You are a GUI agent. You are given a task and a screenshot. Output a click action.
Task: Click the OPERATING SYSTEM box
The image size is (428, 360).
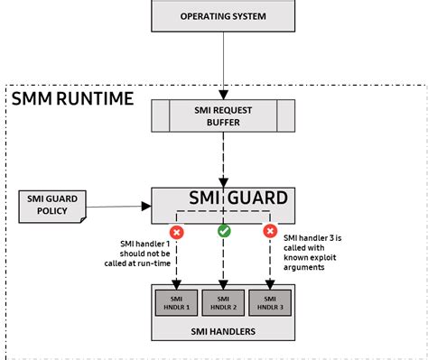click(222, 16)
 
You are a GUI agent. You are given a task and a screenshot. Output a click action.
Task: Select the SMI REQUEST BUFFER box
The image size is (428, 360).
click(222, 115)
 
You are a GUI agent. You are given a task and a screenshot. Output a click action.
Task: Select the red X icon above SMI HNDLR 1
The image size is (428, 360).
click(176, 232)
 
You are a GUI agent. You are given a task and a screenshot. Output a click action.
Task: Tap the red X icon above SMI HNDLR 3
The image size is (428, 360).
click(268, 232)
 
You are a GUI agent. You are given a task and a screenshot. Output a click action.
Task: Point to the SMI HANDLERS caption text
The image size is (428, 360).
click(222, 331)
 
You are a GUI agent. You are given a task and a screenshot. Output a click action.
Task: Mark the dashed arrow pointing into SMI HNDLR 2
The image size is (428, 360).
click(222, 266)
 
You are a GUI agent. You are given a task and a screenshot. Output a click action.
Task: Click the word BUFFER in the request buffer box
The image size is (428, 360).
click(222, 122)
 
